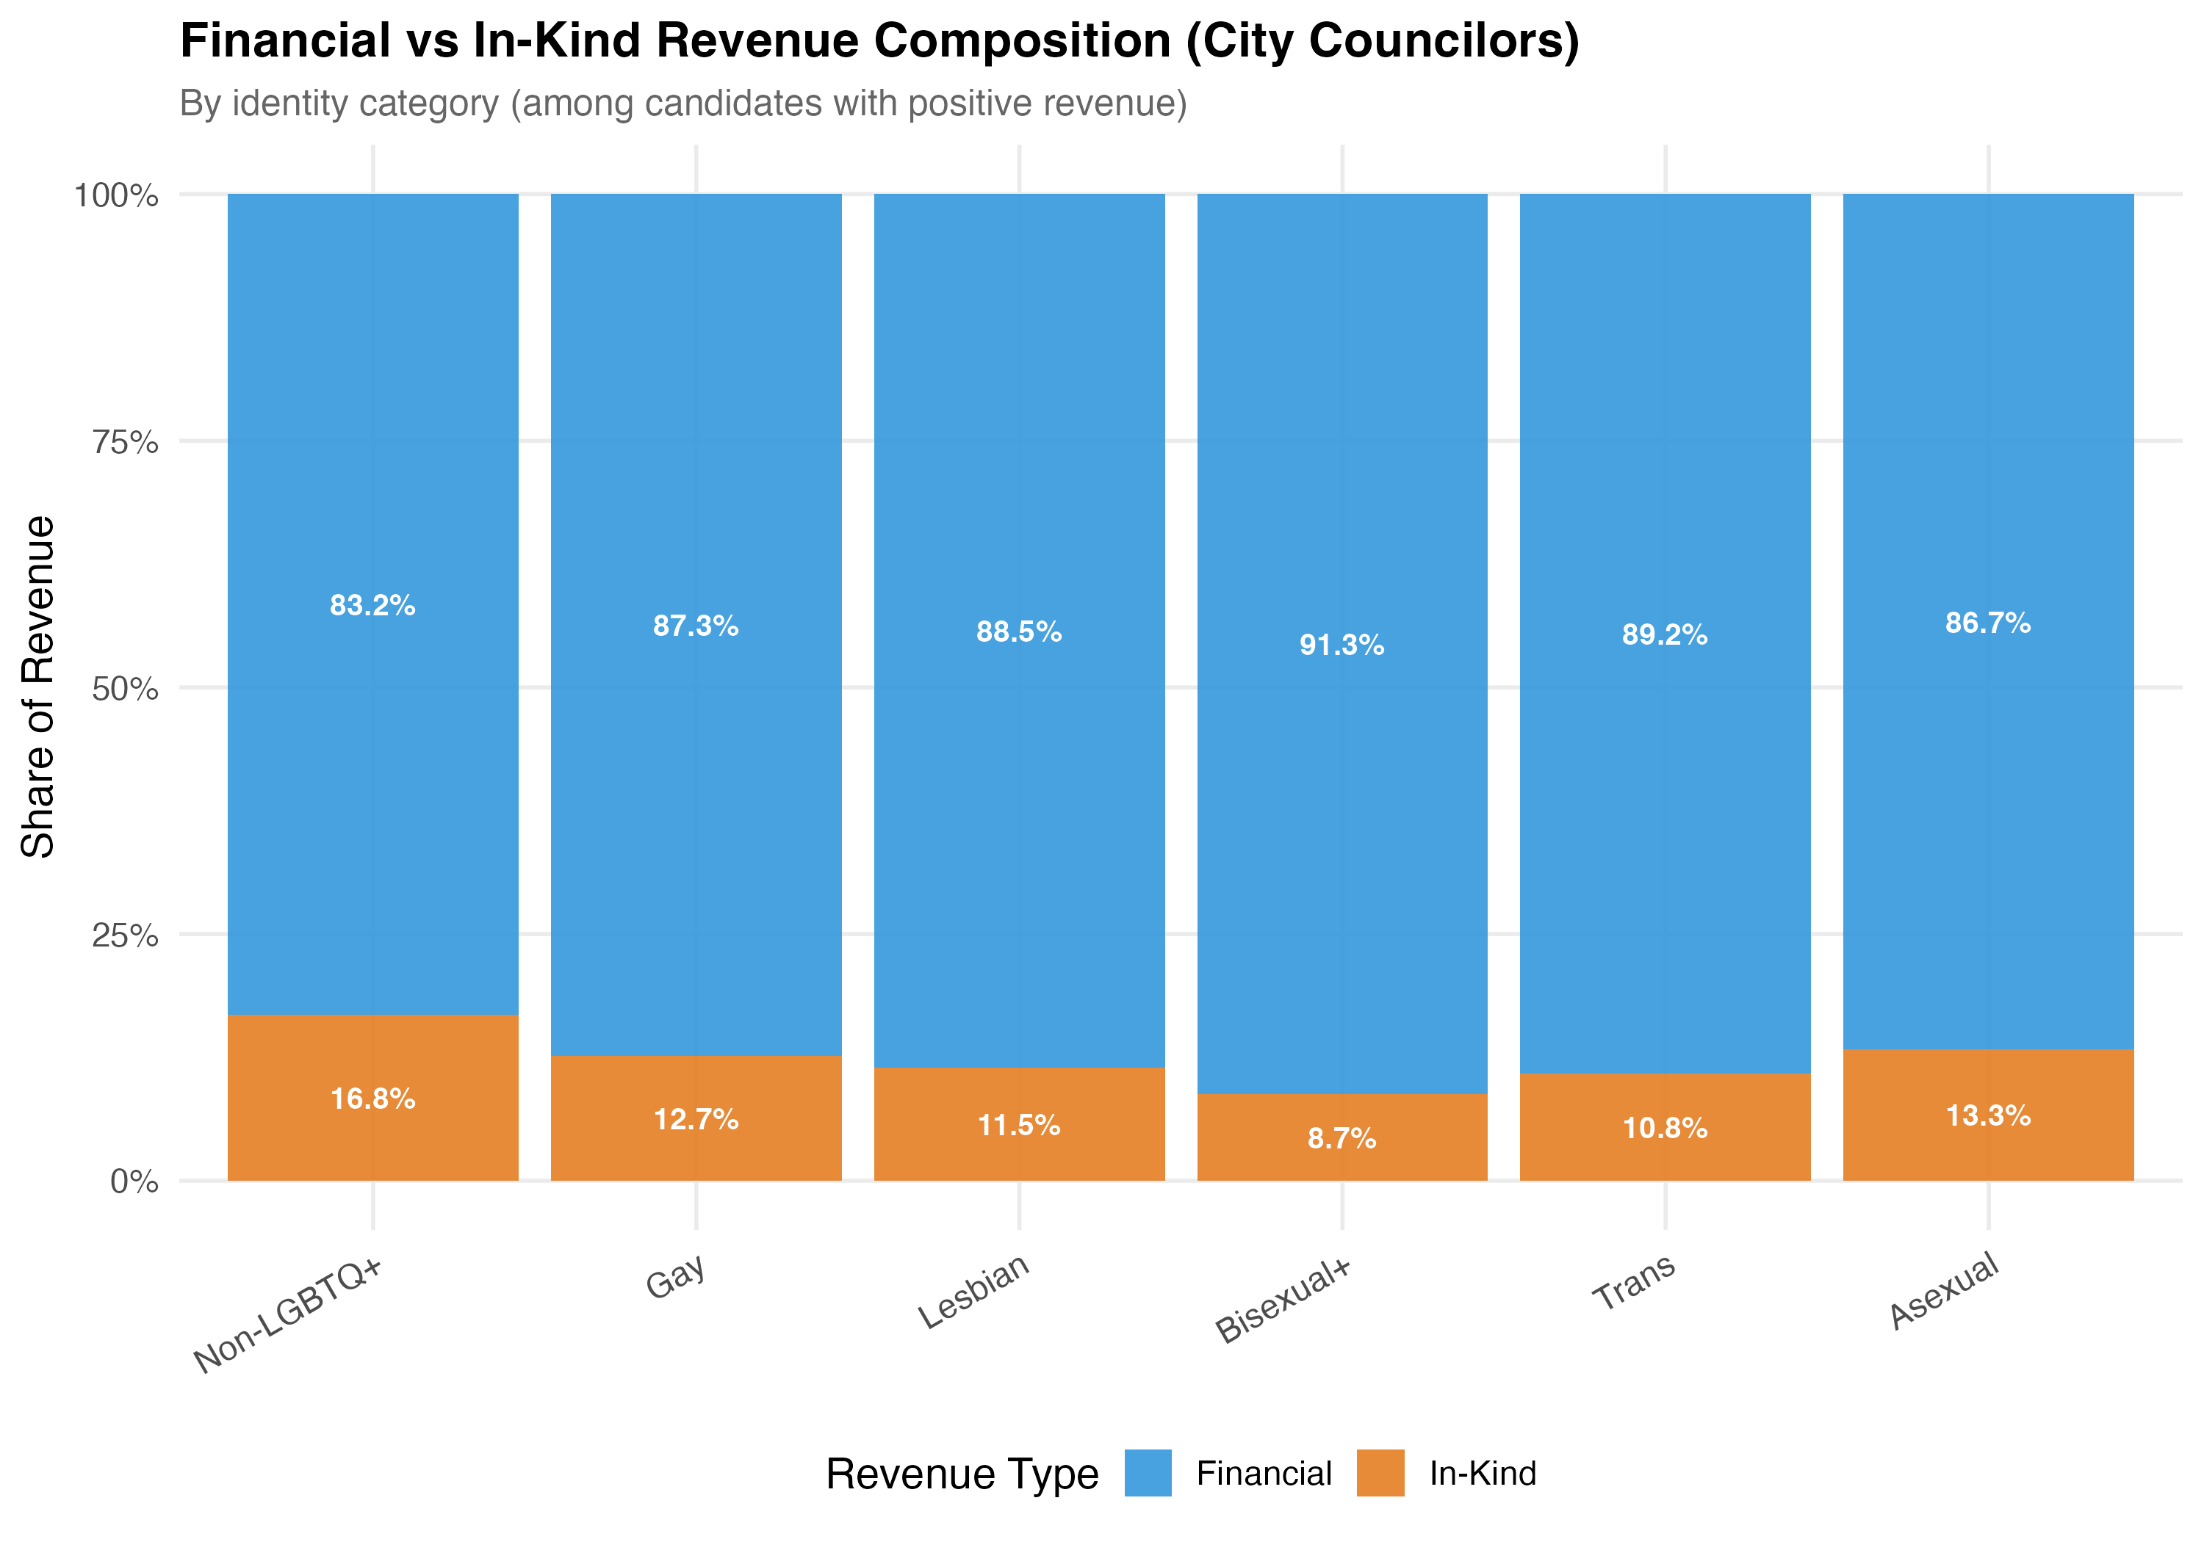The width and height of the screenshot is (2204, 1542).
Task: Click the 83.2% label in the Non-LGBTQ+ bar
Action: [372, 606]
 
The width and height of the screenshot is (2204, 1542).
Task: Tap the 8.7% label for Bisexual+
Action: [1342, 1139]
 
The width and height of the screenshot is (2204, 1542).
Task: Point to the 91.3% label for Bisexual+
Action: [1342, 645]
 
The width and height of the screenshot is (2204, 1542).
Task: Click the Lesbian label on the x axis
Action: [974, 1292]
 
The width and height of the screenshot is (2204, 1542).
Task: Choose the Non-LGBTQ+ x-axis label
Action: [288, 1314]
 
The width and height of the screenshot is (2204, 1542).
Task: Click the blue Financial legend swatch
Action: [1148, 1473]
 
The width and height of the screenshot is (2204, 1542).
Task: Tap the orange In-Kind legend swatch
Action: [1380, 1473]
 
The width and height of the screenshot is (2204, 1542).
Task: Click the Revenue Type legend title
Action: [962, 1474]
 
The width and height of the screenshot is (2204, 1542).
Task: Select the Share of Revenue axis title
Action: [38, 687]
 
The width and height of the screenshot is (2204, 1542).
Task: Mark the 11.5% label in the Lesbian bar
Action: [1018, 1126]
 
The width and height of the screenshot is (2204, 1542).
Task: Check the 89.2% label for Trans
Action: [1665, 635]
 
